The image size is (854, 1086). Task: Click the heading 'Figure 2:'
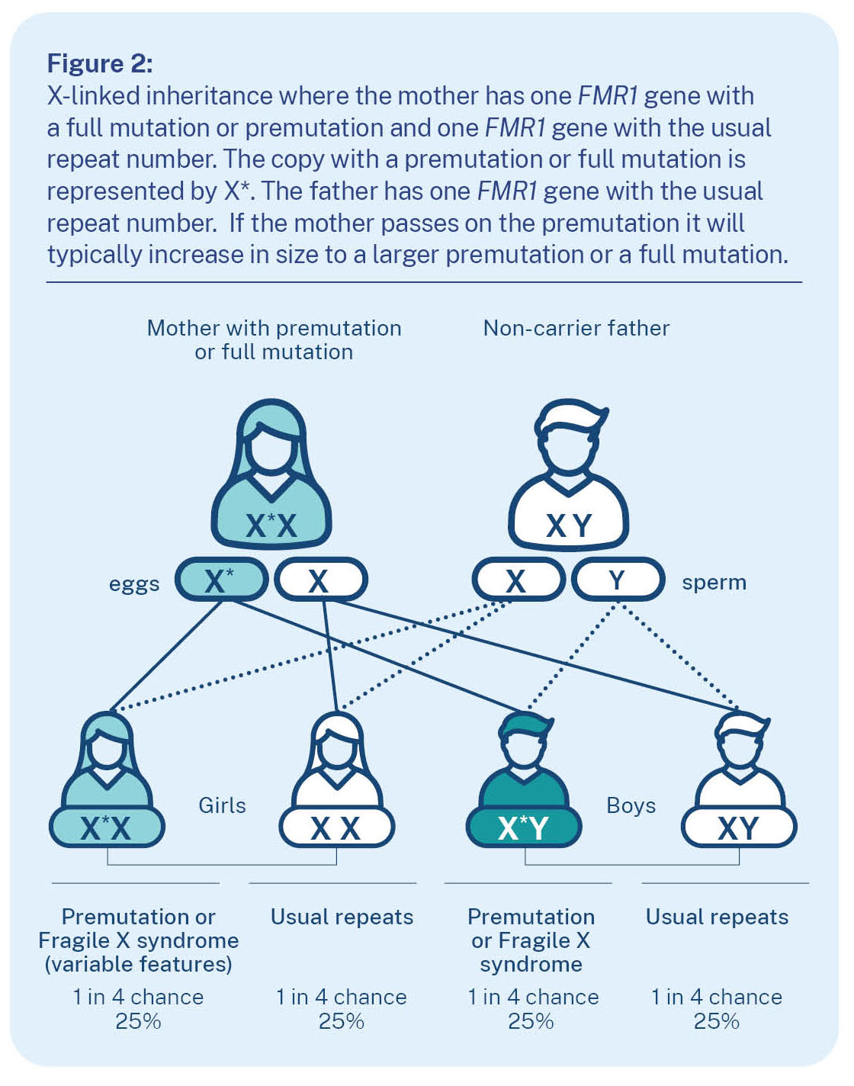pos(100,63)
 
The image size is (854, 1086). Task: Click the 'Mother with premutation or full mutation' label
pos(274,340)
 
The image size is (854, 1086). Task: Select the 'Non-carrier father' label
pos(576,328)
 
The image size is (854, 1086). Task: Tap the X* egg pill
pos(221,580)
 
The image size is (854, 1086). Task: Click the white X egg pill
pos(320,581)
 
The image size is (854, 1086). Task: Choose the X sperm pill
pos(518,581)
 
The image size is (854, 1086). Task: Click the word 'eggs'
pos(134,584)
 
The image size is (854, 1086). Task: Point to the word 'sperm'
pos(714,583)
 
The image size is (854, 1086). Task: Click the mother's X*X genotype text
pos(271,525)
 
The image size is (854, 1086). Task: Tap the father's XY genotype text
pos(569,525)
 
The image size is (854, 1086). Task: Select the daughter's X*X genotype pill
pos(107,827)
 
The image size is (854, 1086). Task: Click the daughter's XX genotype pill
pos(336,827)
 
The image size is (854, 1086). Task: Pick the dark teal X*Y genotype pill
pos(524,827)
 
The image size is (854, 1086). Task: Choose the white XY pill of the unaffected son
pos(738,827)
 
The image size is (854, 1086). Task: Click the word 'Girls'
pos(222,805)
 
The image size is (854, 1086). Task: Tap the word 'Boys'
pos(631,805)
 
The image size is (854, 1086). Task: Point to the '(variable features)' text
pos(138,964)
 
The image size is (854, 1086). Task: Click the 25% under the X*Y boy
pos(531,1021)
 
